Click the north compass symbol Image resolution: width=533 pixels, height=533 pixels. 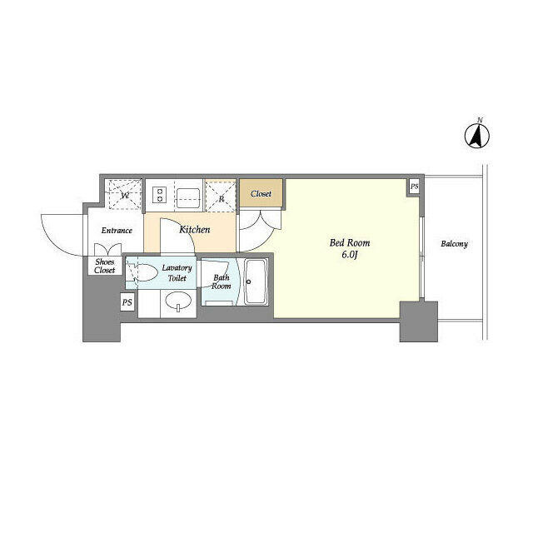pyautogui.click(x=477, y=136)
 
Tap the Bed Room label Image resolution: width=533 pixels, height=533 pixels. pyautogui.click(x=350, y=242)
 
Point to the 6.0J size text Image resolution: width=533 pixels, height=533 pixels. pyautogui.click(x=350, y=255)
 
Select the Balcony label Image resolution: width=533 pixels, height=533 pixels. pyautogui.click(x=454, y=244)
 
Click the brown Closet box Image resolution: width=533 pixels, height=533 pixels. pyautogui.click(x=262, y=192)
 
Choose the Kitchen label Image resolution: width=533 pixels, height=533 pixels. pyautogui.click(x=194, y=230)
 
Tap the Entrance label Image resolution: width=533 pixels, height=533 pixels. pyautogui.click(x=117, y=231)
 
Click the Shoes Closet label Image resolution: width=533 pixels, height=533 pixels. pyautogui.click(x=105, y=266)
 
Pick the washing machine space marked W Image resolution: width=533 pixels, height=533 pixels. pyautogui.click(x=124, y=194)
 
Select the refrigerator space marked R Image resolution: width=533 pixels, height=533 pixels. pyautogui.click(x=221, y=196)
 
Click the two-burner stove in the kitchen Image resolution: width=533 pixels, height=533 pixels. pyautogui.click(x=159, y=195)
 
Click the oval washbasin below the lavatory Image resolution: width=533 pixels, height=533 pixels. pyautogui.click(x=178, y=301)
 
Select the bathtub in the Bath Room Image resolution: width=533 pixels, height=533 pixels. pyautogui.click(x=256, y=281)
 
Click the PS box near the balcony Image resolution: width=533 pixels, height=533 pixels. pyautogui.click(x=414, y=187)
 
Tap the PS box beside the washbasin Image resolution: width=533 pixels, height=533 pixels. pyautogui.click(x=127, y=302)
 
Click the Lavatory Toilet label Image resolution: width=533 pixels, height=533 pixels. pyautogui.click(x=177, y=273)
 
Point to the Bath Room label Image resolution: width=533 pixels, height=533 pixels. pyautogui.click(x=222, y=281)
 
